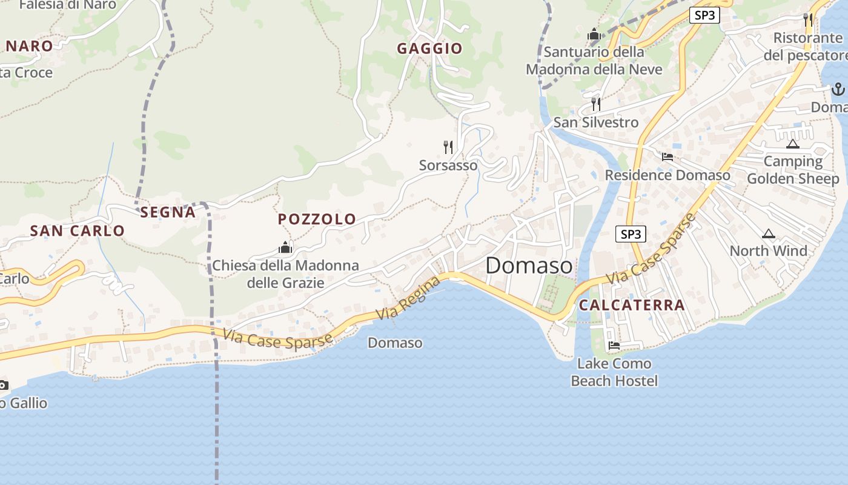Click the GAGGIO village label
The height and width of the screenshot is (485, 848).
point(429,48)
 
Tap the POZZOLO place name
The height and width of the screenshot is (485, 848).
point(317,219)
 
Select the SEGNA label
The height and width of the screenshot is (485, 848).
point(168,212)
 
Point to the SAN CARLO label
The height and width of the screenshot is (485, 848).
point(77,230)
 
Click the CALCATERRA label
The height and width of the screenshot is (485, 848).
point(632,305)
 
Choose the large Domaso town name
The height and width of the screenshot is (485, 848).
point(529,266)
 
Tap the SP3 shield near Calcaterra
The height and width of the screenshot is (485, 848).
point(631,234)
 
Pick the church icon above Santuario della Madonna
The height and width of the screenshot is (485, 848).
point(594,35)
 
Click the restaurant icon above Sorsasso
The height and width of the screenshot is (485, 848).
point(448,147)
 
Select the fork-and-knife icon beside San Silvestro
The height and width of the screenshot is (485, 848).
point(596,104)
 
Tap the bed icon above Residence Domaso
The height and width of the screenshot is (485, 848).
point(667,157)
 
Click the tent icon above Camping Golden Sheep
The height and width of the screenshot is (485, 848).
point(792,144)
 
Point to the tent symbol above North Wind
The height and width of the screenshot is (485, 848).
point(768,233)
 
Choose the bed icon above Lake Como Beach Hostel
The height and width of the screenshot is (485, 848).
point(614,346)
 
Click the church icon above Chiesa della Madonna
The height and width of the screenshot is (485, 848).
point(285,247)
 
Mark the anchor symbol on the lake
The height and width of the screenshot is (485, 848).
point(838,89)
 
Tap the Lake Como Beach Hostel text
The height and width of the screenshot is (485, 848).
point(614,372)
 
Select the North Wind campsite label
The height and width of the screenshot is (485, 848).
point(768,251)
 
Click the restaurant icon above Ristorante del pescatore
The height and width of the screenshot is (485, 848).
point(808,19)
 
